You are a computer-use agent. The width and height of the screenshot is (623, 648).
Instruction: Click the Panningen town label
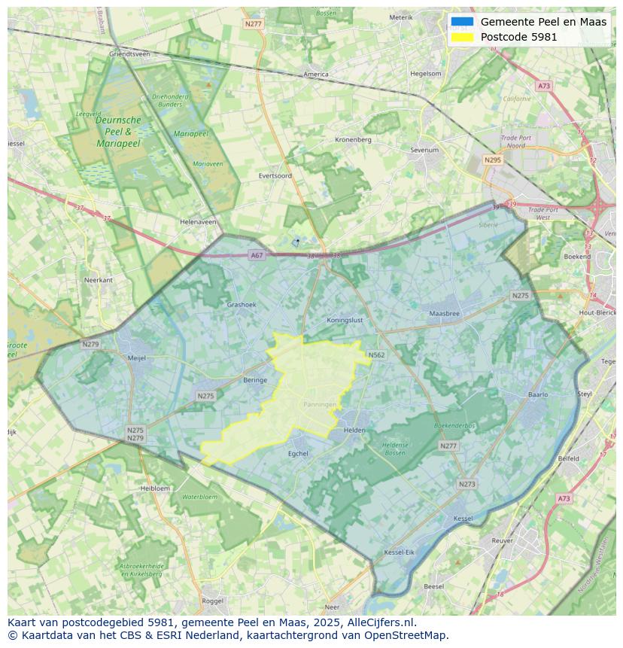pos(320,404)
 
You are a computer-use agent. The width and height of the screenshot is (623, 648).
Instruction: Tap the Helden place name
pos(354,430)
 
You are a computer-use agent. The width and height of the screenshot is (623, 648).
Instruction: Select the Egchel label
pos(298,453)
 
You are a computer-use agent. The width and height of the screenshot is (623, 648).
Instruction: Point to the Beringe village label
pos(255,380)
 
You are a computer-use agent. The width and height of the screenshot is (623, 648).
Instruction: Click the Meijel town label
pos(136,358)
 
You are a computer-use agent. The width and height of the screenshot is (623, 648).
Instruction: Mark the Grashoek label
pos(242,305)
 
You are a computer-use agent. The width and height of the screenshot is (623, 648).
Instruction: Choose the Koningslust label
pos(345,320)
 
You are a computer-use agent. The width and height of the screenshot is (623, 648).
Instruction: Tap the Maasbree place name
pos(444,313)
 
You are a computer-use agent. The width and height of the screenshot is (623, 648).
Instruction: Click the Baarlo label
pos(538,394)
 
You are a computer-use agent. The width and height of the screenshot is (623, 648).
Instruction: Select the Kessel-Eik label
pos(399,552)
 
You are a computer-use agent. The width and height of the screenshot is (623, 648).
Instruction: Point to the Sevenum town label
pos(424,151)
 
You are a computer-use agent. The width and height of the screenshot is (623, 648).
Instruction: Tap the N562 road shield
pos(376,355)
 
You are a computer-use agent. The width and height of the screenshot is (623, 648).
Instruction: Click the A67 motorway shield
pos(257,255)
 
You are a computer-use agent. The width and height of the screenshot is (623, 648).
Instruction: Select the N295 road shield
pos(493,160)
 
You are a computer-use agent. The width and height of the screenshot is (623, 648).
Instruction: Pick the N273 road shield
pos(466,484)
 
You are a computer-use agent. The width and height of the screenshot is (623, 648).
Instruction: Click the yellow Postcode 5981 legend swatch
pos(462,37)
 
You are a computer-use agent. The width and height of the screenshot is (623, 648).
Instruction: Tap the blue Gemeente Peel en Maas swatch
pos(462,22)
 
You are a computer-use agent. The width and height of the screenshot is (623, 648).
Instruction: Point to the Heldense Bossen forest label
pos(395,449)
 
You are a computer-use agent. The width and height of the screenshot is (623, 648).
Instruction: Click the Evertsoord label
pos(275,175)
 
